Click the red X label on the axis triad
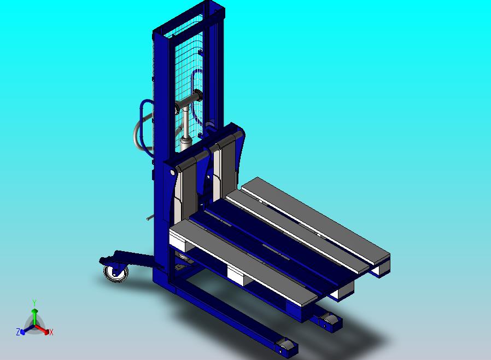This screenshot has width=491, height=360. point(51,332)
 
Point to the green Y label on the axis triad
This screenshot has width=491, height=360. point(34,303)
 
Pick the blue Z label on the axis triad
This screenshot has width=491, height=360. point(18,332)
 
